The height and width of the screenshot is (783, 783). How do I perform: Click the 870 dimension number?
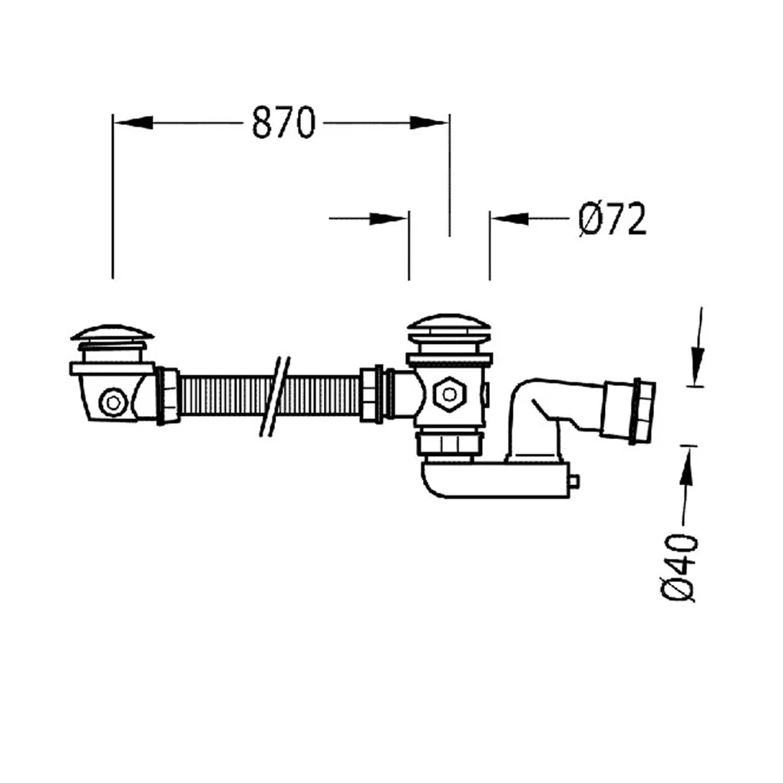(x=283, y=122)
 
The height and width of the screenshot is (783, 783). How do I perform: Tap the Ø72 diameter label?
(x=613, y=219)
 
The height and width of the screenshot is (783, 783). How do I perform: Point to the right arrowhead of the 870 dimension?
(x=429, y=122)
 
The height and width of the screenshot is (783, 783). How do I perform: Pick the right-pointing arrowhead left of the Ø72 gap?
(x=388, y=218)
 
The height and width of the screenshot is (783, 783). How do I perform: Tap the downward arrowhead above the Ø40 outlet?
(x=698, y=366)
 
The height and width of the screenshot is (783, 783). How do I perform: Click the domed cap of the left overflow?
(x=112, y=332)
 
